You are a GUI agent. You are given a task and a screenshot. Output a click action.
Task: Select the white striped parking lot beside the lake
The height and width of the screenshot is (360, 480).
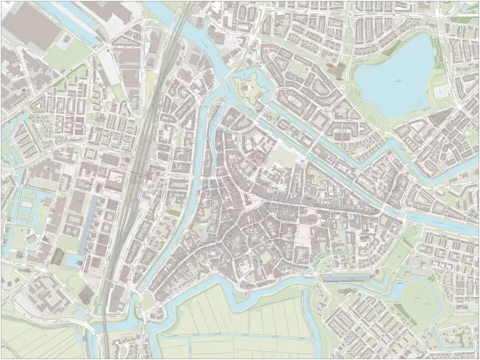pyautogui.click(x=442, y=92)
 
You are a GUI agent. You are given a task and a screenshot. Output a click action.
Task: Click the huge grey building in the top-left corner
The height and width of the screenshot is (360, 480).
pyautogui.click(x=25, y=25)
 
